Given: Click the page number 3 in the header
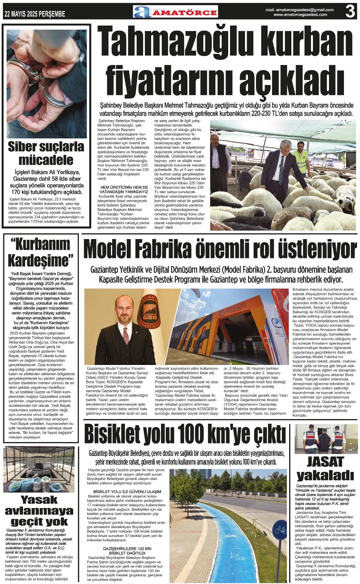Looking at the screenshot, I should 350,12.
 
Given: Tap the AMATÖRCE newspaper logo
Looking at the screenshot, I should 176,12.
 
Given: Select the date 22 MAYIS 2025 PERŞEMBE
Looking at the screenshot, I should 35,14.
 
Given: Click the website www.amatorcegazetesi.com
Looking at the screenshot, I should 300,15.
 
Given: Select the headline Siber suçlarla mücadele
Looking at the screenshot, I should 46,153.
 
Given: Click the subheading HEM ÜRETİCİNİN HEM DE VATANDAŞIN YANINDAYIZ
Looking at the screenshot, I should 124,189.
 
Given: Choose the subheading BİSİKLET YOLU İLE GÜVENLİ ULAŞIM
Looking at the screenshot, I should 127,492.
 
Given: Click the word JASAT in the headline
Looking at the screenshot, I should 325,462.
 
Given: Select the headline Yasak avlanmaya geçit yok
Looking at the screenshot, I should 39,510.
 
